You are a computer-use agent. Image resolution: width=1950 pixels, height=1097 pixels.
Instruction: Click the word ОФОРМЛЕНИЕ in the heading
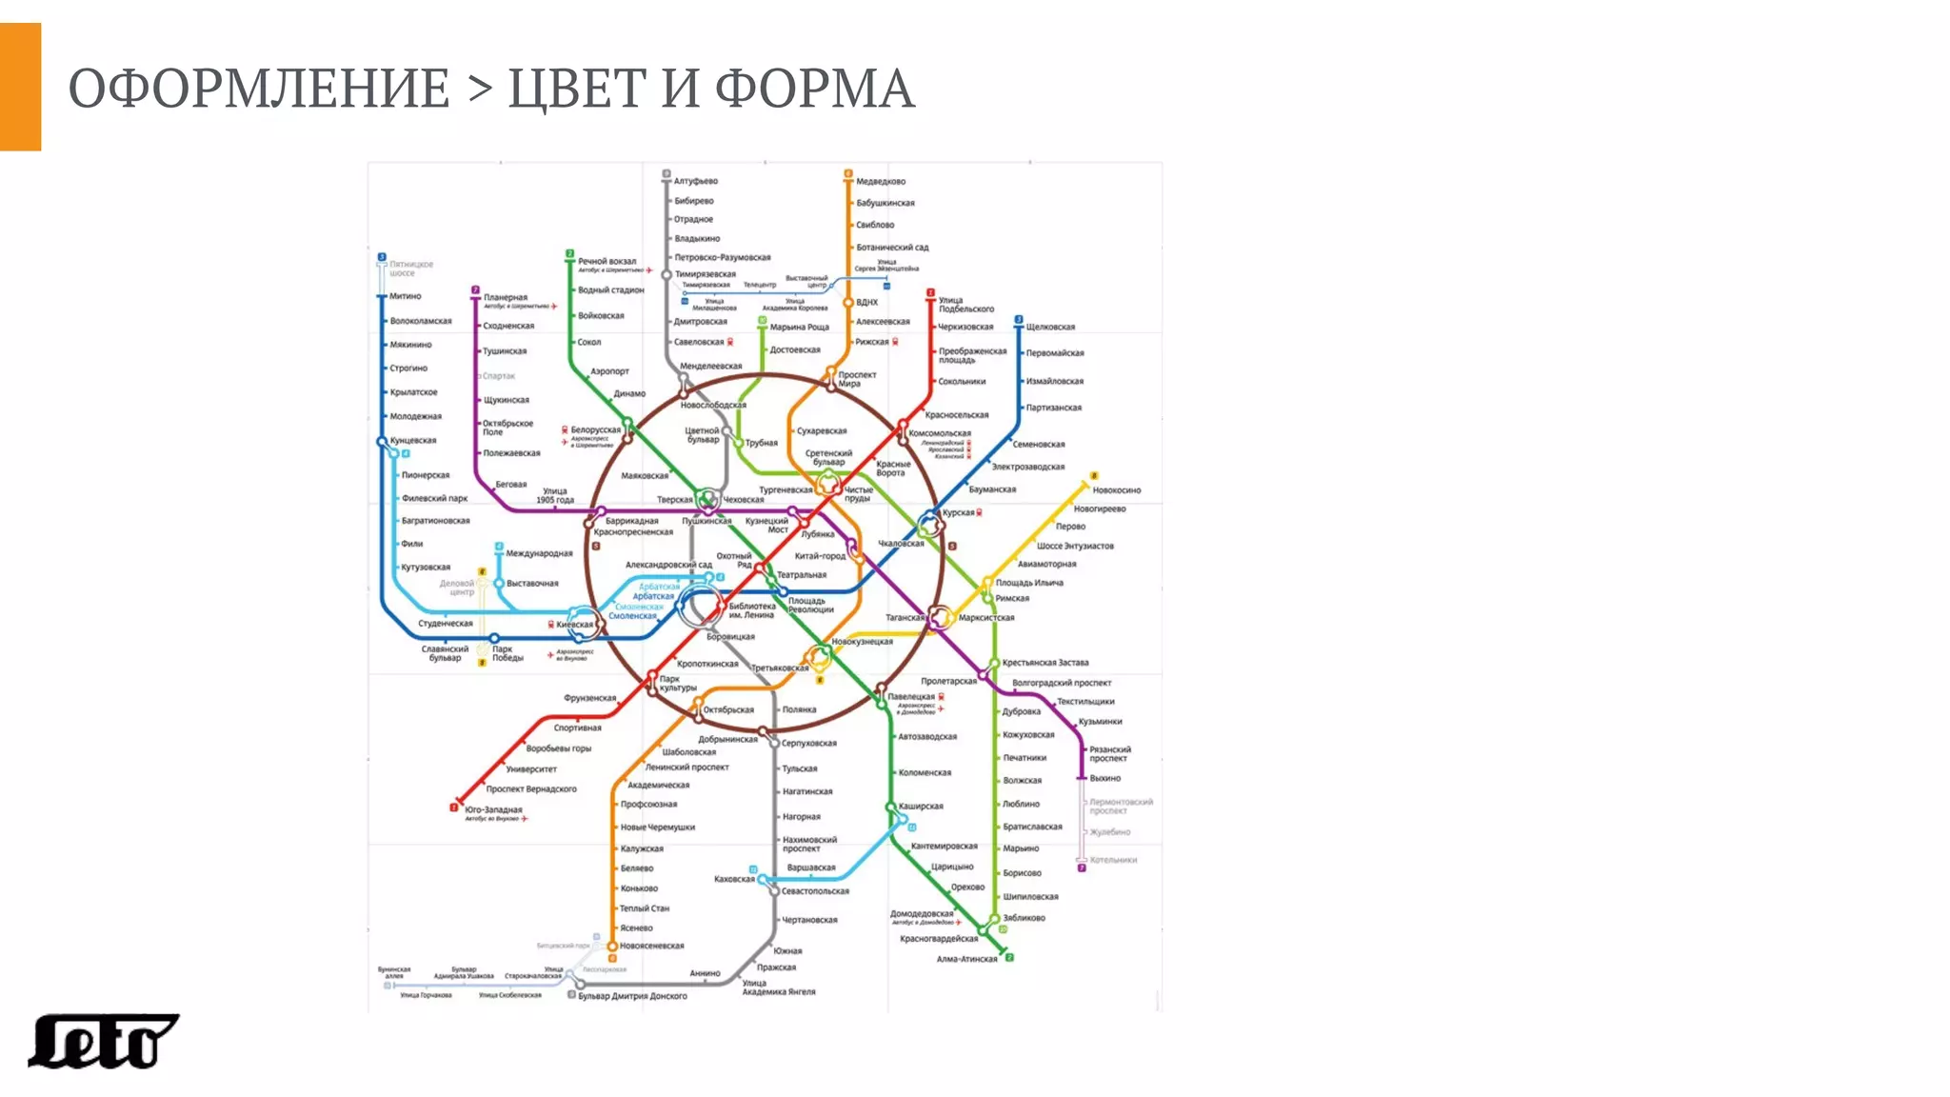(x=258, y=90)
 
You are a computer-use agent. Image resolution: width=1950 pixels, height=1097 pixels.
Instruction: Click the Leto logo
(x=103, y=1041)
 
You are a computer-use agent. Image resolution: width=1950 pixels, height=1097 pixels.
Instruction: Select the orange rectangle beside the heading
(x=20, y=87)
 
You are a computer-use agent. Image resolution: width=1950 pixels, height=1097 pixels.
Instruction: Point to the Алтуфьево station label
(x=696, y=181)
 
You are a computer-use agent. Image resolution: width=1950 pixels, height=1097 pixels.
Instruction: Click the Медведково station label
(x=881, y=181)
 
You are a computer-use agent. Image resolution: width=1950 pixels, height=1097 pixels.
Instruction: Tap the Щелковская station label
(x=1050, y=327)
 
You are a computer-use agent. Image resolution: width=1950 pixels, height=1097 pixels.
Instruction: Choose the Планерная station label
(x=506, y=297)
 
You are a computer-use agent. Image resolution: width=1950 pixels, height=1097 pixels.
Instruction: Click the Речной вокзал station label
(x=607, y=261)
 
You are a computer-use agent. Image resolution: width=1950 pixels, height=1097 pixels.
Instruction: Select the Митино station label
(x=405, y=296)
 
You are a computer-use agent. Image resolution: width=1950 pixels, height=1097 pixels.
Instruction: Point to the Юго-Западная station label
(x=493, y=809)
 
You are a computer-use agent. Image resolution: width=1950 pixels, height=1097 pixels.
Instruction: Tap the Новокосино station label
(x=1116, y=490)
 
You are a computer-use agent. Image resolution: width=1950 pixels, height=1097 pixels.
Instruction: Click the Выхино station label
(x=1104, y=778)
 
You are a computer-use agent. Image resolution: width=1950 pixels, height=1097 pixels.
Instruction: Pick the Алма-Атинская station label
(x=966, y=959)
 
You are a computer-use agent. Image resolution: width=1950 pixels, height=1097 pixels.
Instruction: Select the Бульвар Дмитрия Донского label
(x=632, y=996)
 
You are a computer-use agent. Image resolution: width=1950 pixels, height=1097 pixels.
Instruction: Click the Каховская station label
(x=734, y=879)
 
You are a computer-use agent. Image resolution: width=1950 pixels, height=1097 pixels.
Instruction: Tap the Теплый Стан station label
(x=645, y=908)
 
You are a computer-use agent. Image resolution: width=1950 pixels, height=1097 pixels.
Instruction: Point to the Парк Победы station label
(x=507, y=653)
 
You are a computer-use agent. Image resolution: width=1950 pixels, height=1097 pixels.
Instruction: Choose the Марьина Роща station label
(x=800, y=327)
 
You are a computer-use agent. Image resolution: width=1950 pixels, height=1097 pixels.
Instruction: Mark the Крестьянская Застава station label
(x=1045, y=663)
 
